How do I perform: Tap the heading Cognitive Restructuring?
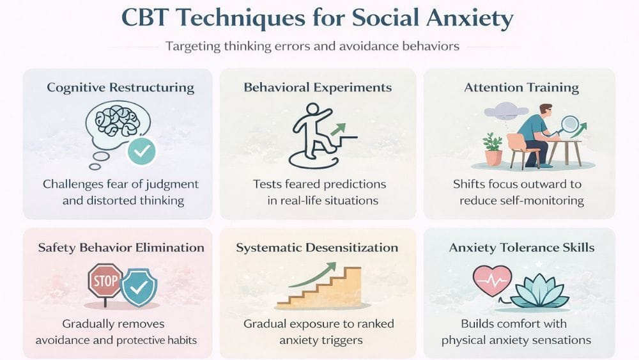point(120,88)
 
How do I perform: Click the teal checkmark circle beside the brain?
point(142,152)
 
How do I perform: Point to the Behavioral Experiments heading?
point(318,88)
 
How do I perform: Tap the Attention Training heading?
point(521,88)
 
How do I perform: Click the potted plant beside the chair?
point(493,148)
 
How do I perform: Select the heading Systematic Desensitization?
point(317,247)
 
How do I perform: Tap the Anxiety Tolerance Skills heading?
point(521,247)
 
